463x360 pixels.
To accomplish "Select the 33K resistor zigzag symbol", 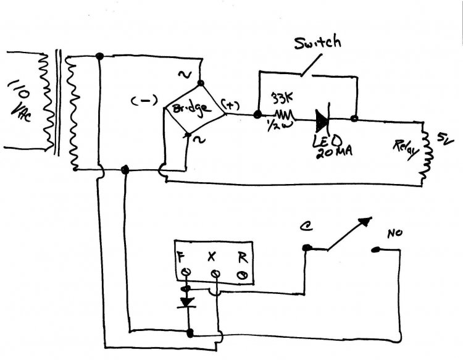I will pyautogui.click(x=283, y=115).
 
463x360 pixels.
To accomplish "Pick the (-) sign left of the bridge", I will pyautogui.click(x=143, y=102).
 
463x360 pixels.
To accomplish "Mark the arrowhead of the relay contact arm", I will pyautogui.click(x=366, y=220).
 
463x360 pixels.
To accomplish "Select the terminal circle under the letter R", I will pyautogui.click(x=242, y=272).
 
